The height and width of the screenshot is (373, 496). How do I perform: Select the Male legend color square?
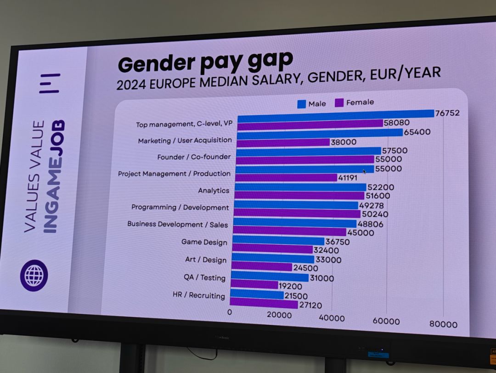coord(301,104)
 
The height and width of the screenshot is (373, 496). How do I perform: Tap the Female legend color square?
coord(340,102)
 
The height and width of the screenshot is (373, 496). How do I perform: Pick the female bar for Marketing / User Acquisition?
coord(283,142)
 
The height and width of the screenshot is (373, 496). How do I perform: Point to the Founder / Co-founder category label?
coord(194,157)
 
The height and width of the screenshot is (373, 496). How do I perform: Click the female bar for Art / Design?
coord(261,267)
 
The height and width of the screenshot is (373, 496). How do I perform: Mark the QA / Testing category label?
coord(204,277)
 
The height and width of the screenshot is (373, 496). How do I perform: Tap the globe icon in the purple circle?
coord(34,276)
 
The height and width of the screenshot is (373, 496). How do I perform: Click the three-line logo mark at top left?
coord(50,83)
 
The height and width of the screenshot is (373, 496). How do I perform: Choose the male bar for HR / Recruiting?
coord(257,294)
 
